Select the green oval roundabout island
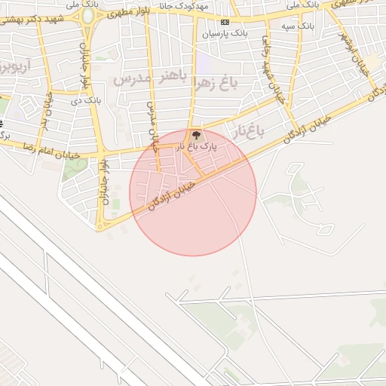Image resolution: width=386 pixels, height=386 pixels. click(88, 14)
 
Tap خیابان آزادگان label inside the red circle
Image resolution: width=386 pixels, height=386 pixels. click(172, 191)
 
